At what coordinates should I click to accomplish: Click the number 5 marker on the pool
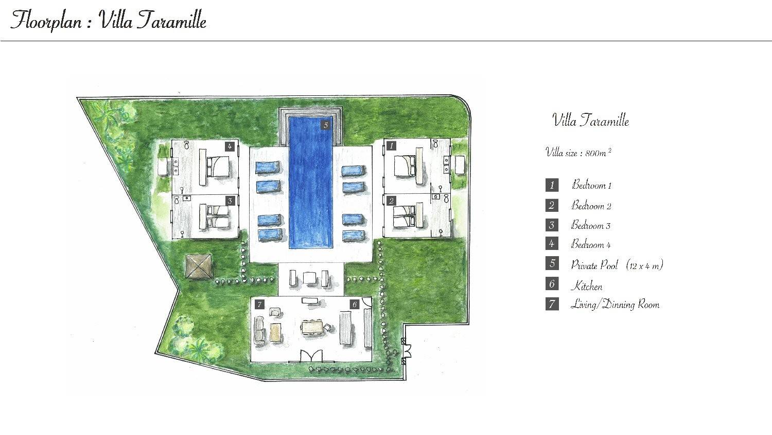(326, 125)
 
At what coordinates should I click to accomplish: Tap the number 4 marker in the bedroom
(230, 146)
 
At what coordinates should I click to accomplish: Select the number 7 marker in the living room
(259, 304)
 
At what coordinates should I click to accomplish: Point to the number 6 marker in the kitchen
(354, 304)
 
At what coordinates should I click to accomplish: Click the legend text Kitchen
(587, 286)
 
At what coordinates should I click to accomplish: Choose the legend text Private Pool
(594, 265)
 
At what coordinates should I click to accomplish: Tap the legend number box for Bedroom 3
(552, 225)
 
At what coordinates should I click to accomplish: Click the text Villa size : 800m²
(578, 152)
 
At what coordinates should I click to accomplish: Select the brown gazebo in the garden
(199, 266)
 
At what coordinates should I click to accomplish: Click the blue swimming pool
(311, 182)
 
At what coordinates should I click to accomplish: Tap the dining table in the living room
(313, 327)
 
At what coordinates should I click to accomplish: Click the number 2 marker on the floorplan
(391, 200)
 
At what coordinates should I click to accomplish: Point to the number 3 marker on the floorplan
(230, 200)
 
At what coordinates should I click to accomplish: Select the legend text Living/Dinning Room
(615, 305)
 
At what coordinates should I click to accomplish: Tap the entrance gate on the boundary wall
(406, 352)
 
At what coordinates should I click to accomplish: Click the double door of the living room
(311, 356)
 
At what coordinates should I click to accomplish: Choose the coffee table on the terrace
(309, 278)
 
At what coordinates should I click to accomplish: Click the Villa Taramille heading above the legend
(591, 121)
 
